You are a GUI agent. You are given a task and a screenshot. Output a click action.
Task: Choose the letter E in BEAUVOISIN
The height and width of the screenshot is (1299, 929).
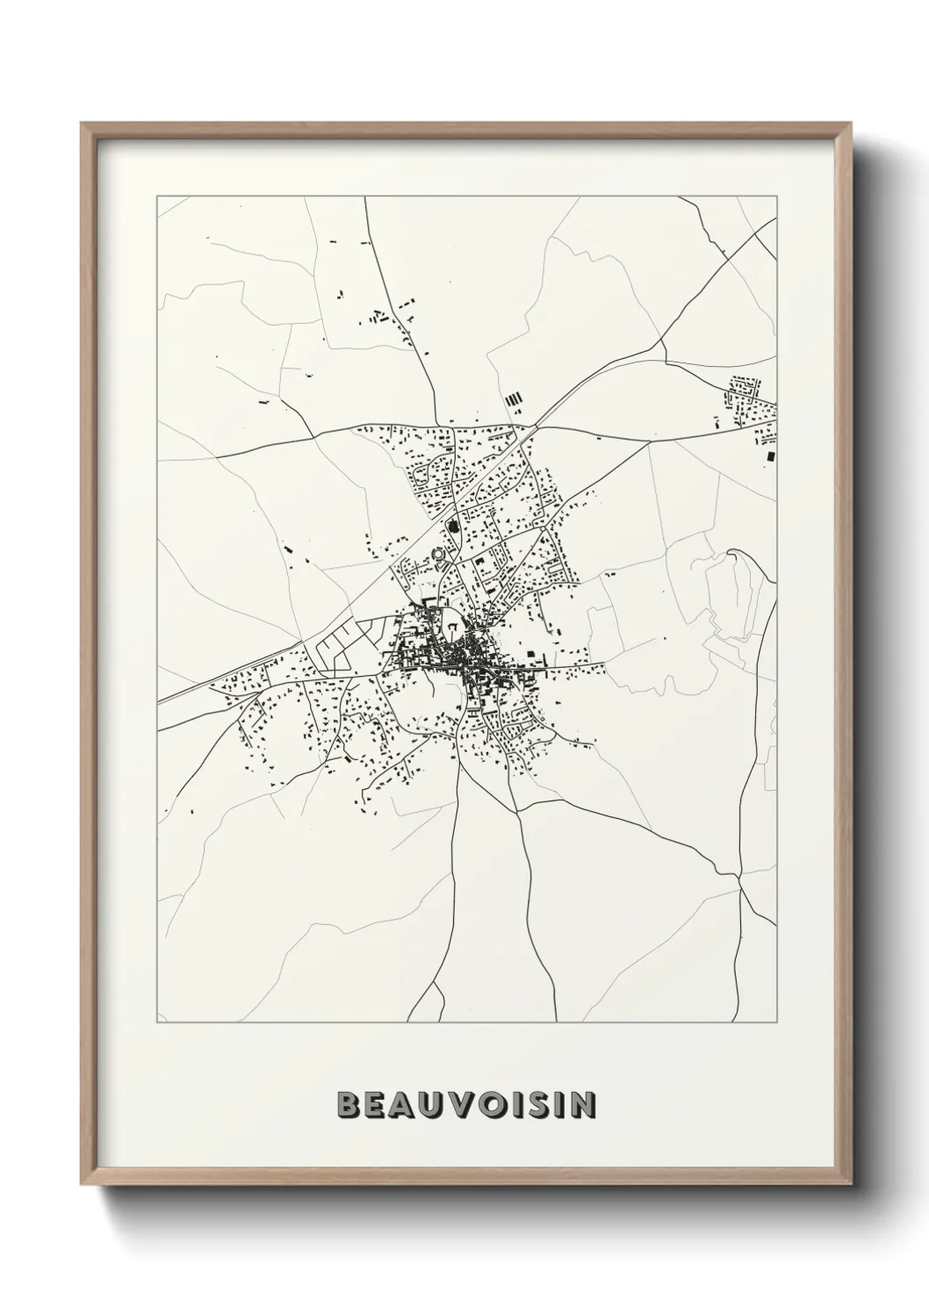click(373, 1105)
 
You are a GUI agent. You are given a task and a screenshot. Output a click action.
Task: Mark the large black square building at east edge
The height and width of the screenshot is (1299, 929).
click(771, 456)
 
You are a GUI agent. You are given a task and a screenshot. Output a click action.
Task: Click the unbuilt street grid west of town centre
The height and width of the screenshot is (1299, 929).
click(338, 644)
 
